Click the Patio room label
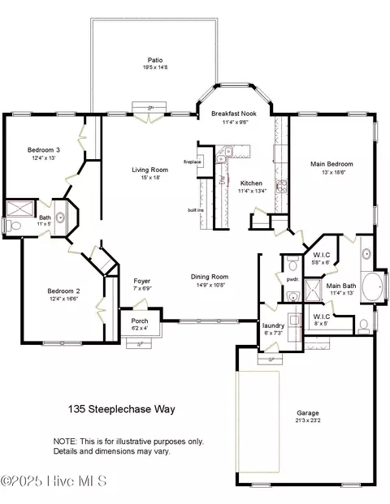pos(154,59)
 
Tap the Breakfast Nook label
pos(233,114)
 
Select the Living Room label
pos(149,170)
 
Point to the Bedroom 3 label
pos(44,150)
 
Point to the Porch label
pos(140,320)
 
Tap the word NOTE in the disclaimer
pos(66,442)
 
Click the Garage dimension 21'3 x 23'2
pos(308,421)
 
